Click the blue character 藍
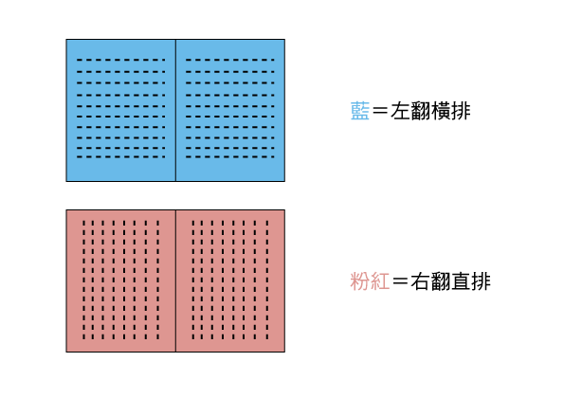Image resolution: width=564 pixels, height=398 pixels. (360, 111)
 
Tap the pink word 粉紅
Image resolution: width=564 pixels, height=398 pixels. (370, 281)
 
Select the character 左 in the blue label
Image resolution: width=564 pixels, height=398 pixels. (401, 111)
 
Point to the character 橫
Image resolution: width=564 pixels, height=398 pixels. (441, 111)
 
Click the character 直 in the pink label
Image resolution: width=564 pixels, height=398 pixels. (461, 281)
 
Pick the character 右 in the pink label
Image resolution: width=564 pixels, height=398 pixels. (421, 281)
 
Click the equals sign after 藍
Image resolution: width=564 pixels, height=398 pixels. (380, 111)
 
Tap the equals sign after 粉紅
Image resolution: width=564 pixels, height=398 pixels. (400, 281)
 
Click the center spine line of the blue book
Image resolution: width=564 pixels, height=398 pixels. (175, 110)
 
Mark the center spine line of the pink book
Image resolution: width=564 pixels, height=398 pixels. (175, 280)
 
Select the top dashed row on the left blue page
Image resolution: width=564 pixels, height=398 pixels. (121, 60)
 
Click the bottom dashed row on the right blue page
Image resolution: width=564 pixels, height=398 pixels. (230, 156)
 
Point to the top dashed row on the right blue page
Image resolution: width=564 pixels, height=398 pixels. (230, 60)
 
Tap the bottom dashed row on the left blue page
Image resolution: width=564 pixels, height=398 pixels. (121, 156)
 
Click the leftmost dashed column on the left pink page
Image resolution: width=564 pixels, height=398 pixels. (83, 280)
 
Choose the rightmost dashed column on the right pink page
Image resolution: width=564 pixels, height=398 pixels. (267, 280)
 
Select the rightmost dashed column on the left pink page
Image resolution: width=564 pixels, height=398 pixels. (157, 280)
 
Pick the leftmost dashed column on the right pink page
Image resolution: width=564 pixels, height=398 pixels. (193, 280)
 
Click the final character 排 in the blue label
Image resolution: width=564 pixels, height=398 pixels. (461, 111)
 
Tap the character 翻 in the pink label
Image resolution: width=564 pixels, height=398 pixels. (441, 281)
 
